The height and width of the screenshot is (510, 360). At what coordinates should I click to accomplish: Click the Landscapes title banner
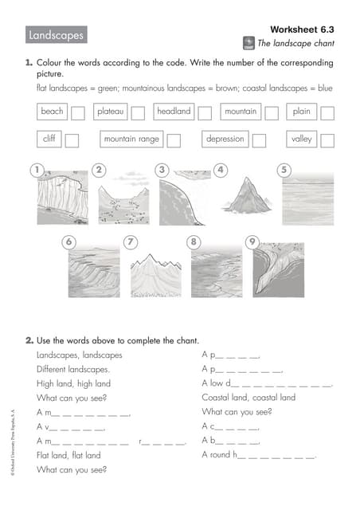coord(56,36)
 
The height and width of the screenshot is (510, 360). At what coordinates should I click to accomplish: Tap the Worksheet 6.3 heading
coord(302,28)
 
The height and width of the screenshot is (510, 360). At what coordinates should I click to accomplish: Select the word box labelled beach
coord(52,112)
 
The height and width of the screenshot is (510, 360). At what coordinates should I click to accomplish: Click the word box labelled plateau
coord(111,112)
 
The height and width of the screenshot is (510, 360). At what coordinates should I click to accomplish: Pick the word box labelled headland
coord(174,112)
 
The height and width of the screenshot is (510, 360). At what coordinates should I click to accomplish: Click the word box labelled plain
coord(302,112)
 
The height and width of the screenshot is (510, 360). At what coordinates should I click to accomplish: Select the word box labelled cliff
coord(49,139)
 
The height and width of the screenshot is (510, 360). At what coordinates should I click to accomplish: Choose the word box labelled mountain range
coord(131,139)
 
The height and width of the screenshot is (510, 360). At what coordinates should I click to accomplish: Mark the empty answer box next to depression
coord(259,140)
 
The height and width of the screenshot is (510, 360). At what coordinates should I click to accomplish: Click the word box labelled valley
coord(302,139)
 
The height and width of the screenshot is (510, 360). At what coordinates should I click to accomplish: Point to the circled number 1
coord(34,169)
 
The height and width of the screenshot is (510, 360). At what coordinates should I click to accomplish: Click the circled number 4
coord(221,169)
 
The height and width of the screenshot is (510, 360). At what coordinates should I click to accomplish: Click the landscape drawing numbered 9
coord(278,271)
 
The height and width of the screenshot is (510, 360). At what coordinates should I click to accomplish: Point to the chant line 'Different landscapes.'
coord(73,369)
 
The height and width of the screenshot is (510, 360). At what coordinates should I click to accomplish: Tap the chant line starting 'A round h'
coord(259,455)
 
